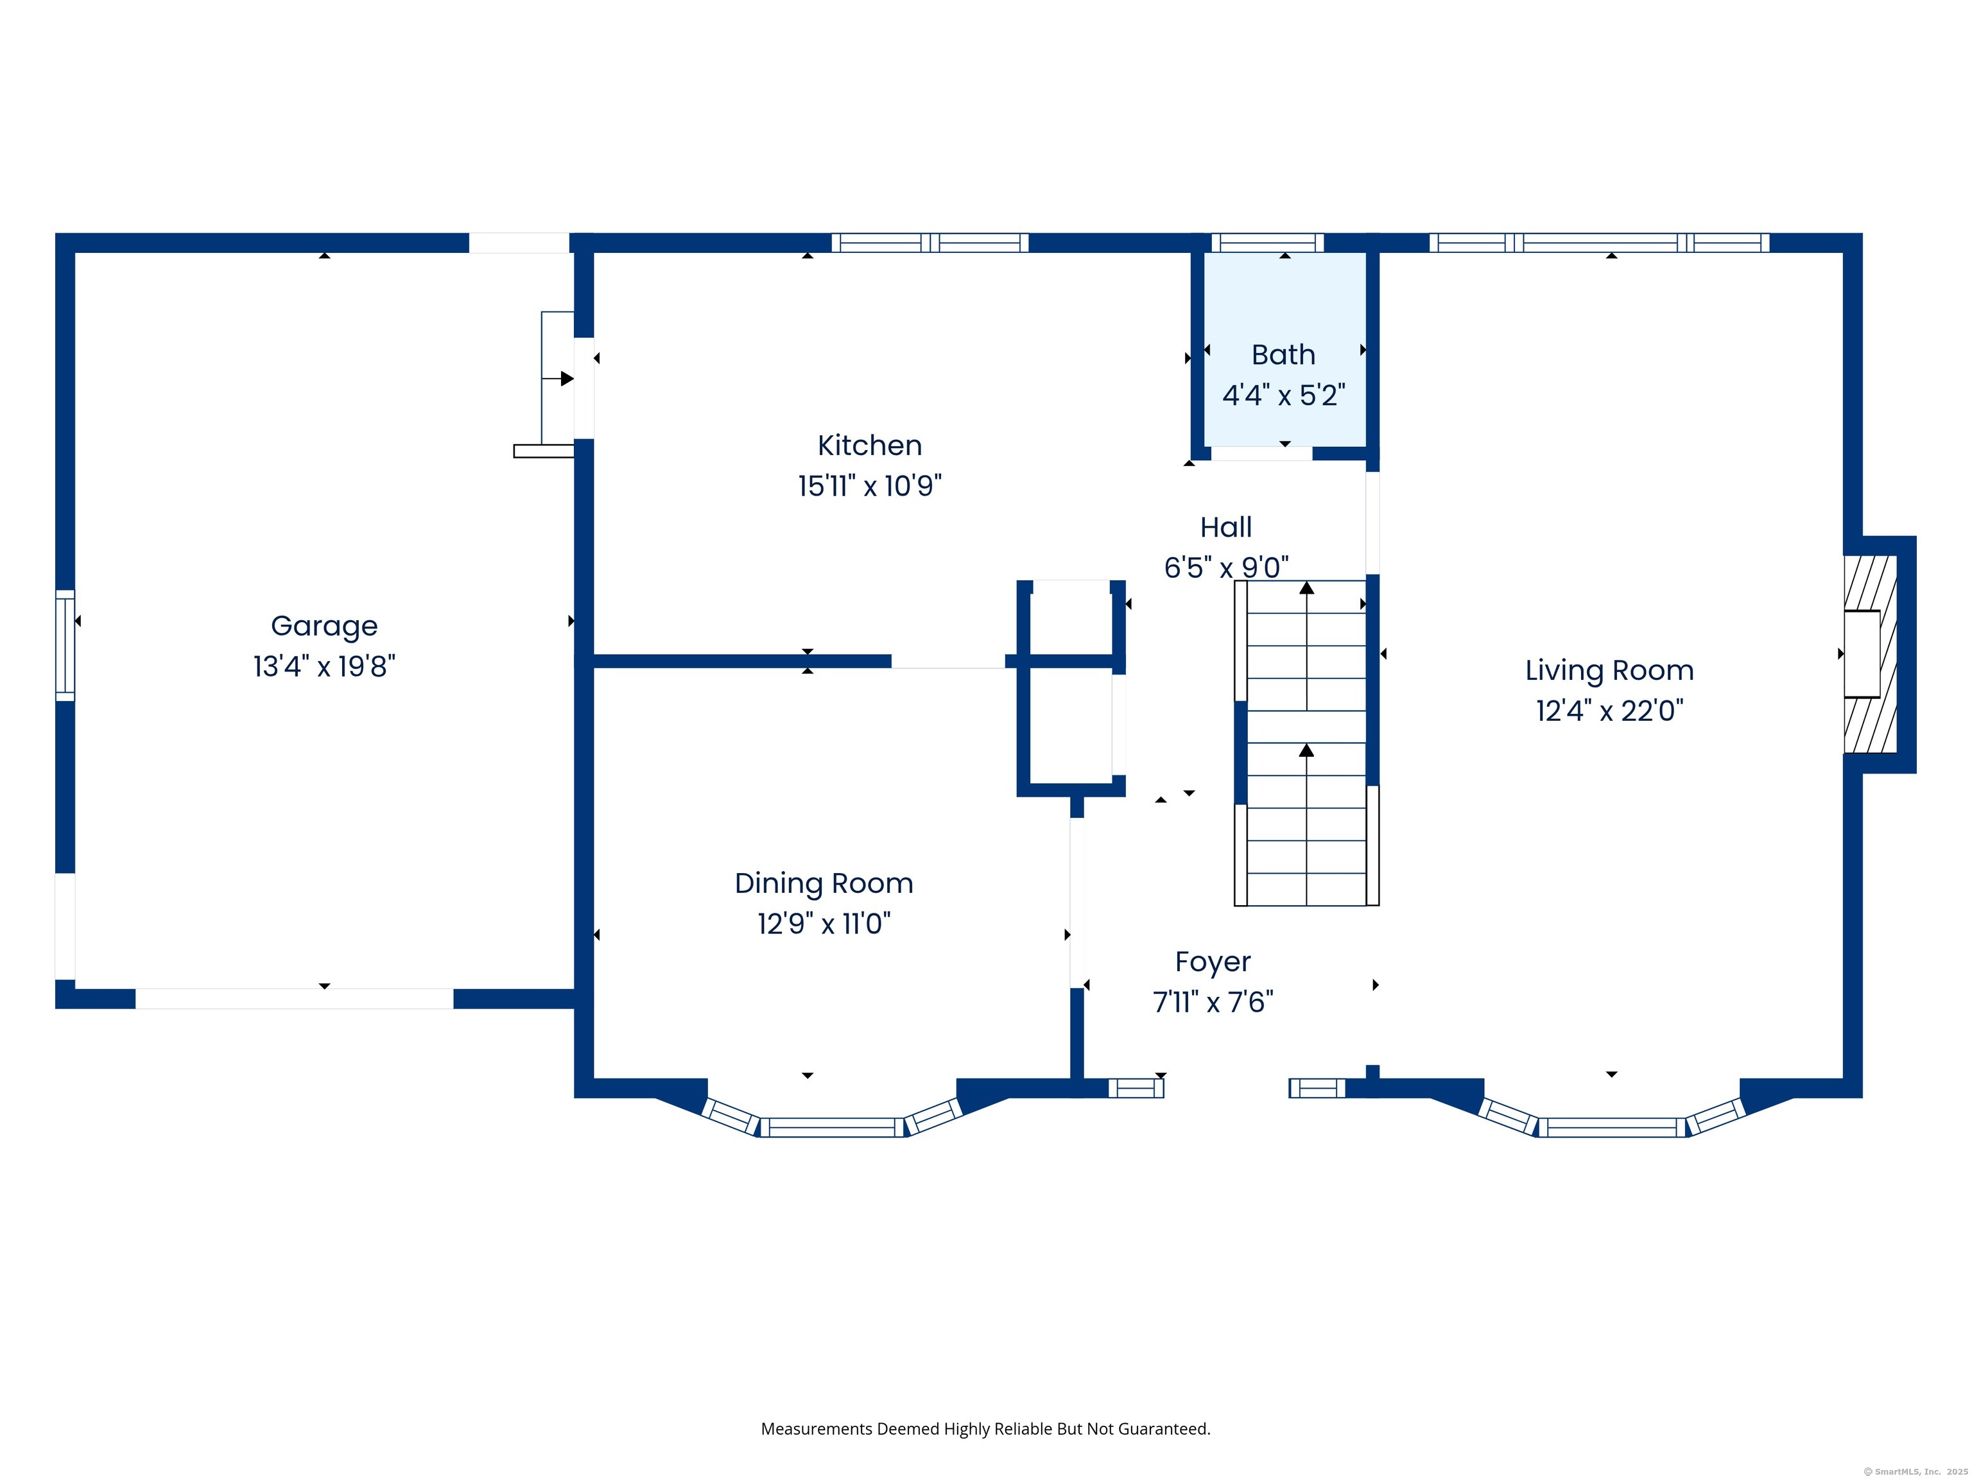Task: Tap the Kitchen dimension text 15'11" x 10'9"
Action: pyautogui.click(x=869, y=486)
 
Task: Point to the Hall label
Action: pyautogui.click(x=1226, y=527)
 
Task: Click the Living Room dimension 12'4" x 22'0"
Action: pyautogui.click(x=1609, y=711)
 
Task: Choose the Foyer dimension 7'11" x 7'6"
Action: pyautogui.click(x=1213, y=1002)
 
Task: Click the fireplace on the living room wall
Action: pyautogui.click(x=1871, y=653)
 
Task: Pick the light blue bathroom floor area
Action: pyautogui.click(x=1284, y=349)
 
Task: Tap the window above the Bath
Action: pyautogui.click(x=1267, y=243)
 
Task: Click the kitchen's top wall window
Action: pyautogui.click(x=930, y=243)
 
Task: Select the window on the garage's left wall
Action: pyautogui.click(x=65, y=645)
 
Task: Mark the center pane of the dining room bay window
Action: pyautogui.click(x=832, y=1127)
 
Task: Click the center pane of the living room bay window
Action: pyautogui.click(x=1612, y=1127)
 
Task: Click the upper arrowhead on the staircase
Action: pyautogui.click(x=1306, y=587)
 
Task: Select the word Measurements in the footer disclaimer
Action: pyautogui.click(x=817, y=1429)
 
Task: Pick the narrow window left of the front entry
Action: pyautogui.click(x=1136, y=1087)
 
